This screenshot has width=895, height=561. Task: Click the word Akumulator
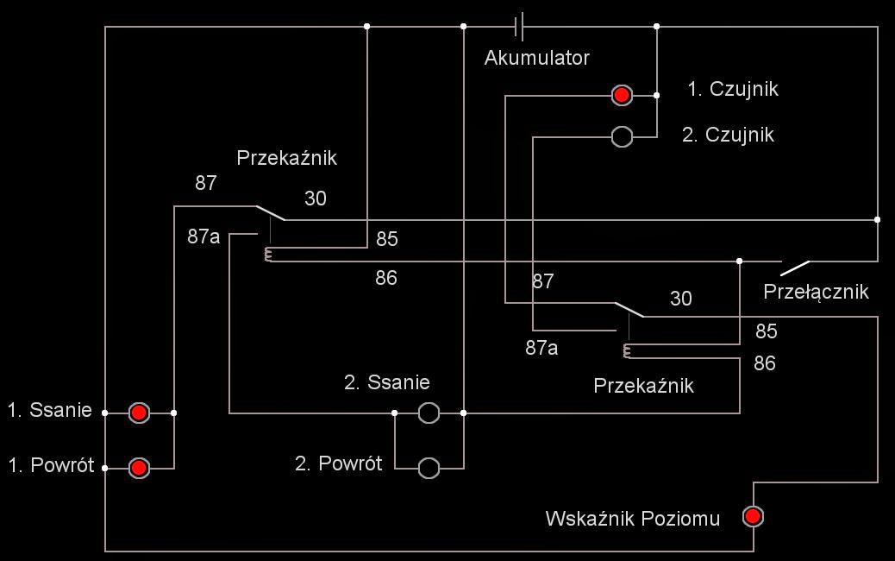coord(536,59)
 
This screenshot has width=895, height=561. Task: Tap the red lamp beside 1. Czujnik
coord(622,95)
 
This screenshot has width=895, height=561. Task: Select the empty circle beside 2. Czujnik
coord(622,136)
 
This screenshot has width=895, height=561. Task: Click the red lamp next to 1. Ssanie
coord(139,413)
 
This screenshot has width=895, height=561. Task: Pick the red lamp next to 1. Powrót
coord(139,469)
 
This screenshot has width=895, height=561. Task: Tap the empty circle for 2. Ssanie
coord(429,413)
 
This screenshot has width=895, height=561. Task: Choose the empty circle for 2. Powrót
coord(429,469)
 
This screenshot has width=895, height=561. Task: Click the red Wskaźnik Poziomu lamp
coord(753,517)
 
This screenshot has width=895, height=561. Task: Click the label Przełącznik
coord(816,292)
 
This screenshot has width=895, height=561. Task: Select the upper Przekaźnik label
coord(286,159)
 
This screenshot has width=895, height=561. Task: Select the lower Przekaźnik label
coord(643,386)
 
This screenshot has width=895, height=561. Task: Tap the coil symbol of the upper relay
coord(269,255)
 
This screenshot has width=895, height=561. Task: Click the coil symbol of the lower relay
coord(628,350)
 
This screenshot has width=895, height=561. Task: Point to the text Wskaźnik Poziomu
coord(632,519)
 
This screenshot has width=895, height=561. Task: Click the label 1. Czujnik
coord(733,89)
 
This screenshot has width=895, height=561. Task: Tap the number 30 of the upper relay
coord(316,199)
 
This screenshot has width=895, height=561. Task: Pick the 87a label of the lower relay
coord(542,348)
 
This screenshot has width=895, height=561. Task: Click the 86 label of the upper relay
coord(386,278)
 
